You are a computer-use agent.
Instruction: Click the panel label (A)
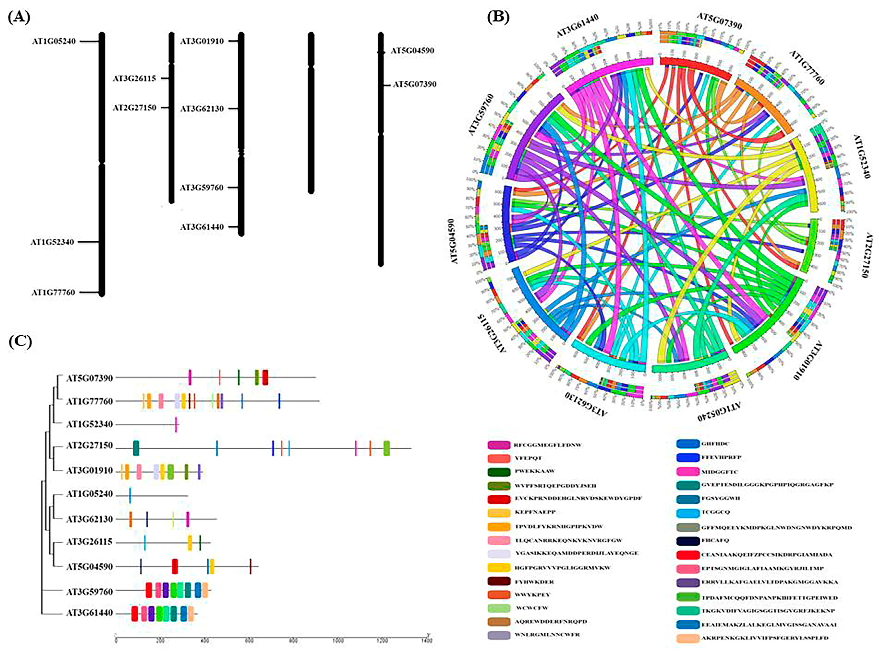click(x=19, y=18)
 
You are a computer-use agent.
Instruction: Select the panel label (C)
click(x=20, y=342)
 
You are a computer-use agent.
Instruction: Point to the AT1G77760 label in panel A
click(x=53, y=292)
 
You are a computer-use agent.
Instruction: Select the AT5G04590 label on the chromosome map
click(x=412, y=51)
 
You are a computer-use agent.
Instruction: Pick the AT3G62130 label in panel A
click(x=202, y=108)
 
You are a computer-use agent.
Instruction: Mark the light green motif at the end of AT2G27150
click(x=387, y=448)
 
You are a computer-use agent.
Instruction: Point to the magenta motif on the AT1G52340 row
click(x=176, y=424)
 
